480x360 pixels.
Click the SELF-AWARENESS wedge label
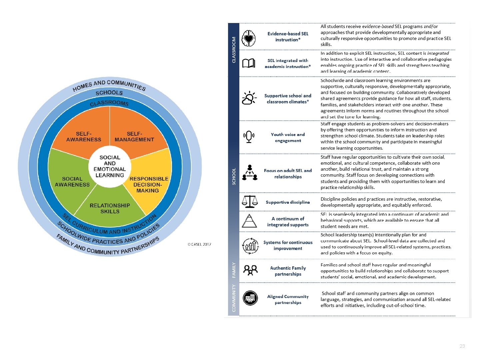pos(84,137)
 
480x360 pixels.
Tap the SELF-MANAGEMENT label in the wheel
pos(134,137)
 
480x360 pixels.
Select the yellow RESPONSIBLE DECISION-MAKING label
pos(149,185)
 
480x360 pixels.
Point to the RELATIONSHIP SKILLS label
pos(110,208)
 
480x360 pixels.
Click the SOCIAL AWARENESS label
pos(72,182)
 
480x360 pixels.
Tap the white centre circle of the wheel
pos(110,166)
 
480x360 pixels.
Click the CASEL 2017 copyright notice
pos(199,244)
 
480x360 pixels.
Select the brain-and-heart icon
pos(249,38)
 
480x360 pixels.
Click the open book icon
pos(249,63)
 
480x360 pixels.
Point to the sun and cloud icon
pos(249,98)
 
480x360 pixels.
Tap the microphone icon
pos(249,137)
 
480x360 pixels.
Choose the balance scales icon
pos(250,202)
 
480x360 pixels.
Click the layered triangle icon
pos(249,221)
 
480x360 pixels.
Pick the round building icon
pos(250,298)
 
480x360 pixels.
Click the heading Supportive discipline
pos(288,202)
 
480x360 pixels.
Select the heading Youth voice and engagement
pos(288,137)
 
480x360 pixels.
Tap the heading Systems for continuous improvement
pos(288,245)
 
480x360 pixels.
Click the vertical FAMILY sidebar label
pos(234,270)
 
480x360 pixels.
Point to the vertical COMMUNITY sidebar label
pos(234,298)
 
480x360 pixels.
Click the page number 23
pos(462,346)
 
